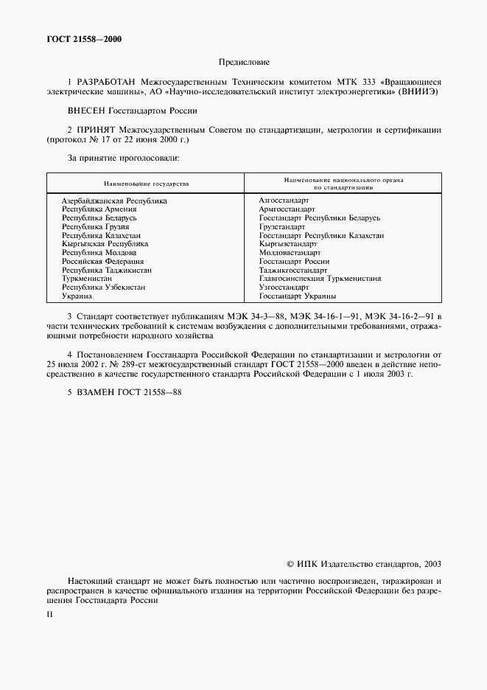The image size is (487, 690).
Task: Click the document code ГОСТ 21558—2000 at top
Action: (x=81, y=39)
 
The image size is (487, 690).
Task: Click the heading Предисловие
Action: (x=244, y=63)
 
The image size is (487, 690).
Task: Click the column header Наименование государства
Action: (x=145, y=184)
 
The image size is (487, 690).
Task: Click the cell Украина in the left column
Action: (x=77, y=296)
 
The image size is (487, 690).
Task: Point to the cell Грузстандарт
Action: (x=282, y=227)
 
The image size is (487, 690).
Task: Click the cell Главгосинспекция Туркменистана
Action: (x=320, y=279)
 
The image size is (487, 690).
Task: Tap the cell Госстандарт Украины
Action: (x=298, y=296)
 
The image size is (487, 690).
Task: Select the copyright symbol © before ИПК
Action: (x=290, y=564)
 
